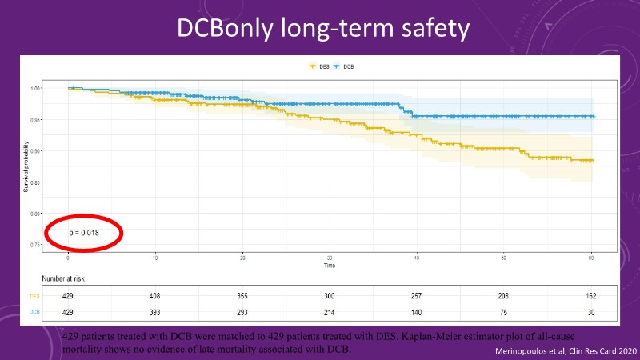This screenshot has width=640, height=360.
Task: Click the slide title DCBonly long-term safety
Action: pos(320,29)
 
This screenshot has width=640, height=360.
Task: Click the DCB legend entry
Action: pos(343,66)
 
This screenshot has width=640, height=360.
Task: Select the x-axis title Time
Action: pos(330,265)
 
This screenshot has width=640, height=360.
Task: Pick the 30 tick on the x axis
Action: pos(330,258)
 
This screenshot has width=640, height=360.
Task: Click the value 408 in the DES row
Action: pos(155,296)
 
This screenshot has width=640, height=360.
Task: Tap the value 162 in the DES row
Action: pos(590,296)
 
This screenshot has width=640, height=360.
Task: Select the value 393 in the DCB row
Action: pos(155,311)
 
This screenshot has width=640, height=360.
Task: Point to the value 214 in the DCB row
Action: pos(330,311)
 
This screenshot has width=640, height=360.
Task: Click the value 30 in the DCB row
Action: pos(590,311)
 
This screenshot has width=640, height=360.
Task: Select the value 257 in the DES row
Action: pos(417,296)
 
